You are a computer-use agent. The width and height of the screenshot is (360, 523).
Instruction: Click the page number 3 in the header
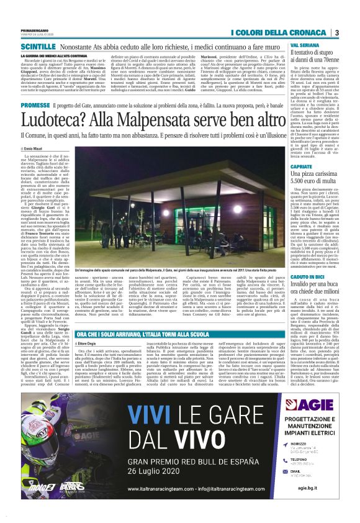tap(336, 32)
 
